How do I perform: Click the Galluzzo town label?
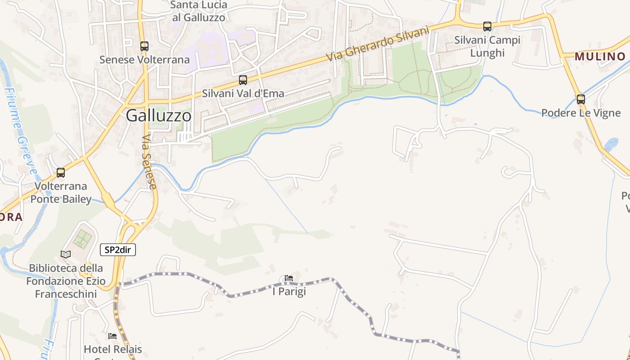click(x=158, y=116)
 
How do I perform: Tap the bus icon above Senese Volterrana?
click(x=144, y=46)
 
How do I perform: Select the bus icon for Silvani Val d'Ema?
click(x=243, y=80)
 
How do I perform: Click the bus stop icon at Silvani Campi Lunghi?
click(x=487, y=27)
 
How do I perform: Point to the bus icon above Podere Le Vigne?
click(x=581, y=99)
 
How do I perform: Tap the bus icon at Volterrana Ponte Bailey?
click(x=61, y=172)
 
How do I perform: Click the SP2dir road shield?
click(x=117, y=250)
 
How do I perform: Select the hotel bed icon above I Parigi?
click(x=289, y=279)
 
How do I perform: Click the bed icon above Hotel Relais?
click(x=112, y=336)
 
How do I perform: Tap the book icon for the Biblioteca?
click(x=66, y=254)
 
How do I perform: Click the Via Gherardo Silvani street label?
click(x=378, y=44)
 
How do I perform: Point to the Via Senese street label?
click(x=149, y=162)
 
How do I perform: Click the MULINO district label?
click(x=600, y=56)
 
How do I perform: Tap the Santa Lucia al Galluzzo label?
click(x=199, y=11)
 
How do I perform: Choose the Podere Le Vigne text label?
click(x=581, y=112)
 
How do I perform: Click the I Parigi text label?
click(x=289, y=291)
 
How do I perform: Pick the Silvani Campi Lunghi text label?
click(x=487, y=46)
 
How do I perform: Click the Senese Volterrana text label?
click(x=144, y=59)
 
